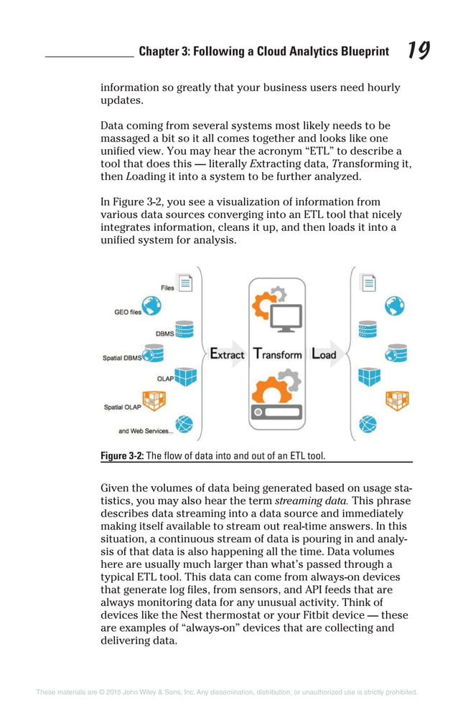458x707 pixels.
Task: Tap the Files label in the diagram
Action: [x=167, y=288]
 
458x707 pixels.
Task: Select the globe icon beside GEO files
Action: [x=151, y=306]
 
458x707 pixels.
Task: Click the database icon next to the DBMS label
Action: [x=184, y=330]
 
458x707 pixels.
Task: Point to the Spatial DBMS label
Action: [x=123, y=358]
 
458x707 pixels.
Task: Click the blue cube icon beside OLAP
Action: [x=185, y=376]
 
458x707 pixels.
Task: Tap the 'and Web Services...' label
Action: [x=145, y=431]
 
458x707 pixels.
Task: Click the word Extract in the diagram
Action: [x=227, y=353]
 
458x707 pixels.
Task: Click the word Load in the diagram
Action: [x=324, y=353]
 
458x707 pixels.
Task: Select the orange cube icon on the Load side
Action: [x=396, y=400]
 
